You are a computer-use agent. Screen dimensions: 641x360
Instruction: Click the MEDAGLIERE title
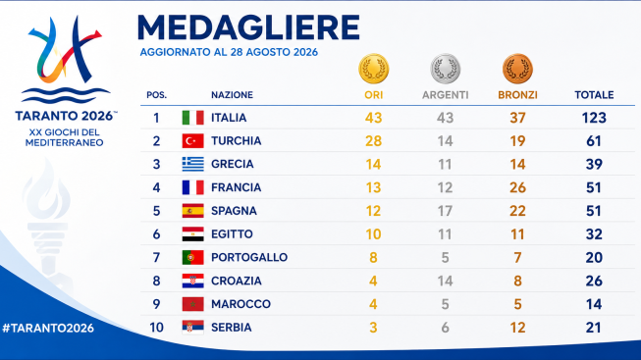point(248,27)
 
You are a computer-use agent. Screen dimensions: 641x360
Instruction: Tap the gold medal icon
point(374,69)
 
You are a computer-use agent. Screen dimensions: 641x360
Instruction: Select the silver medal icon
point(446,69)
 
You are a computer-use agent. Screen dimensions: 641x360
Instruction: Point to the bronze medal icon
point(517,69)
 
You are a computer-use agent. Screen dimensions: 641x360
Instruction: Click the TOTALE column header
point(594,95)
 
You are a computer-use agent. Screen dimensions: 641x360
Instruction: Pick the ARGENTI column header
point(446,95)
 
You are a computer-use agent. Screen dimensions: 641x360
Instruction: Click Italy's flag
point(193,118)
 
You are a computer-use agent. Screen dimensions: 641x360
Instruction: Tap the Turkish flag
point(193,141)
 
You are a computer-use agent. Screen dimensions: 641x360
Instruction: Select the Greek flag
point(193,164)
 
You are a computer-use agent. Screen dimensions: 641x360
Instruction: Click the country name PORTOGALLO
point(249,257)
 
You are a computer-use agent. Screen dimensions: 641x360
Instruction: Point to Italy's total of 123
point(594,118)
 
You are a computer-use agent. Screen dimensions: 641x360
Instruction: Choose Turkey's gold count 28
point(373,141)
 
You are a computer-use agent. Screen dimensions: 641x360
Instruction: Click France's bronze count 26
point(517,187)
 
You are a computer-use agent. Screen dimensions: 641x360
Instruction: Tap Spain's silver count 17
point(446,211)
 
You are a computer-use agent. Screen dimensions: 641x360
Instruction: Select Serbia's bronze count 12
point(517,328)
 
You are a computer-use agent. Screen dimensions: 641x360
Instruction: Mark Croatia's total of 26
point(594,281)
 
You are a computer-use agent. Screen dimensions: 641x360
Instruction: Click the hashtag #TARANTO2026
point(48,329)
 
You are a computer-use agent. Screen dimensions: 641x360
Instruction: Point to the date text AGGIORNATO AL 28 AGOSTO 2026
point(229,52)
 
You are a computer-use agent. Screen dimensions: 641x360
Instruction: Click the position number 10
point(157,328)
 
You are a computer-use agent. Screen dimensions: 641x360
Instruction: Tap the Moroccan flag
point(193,304)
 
